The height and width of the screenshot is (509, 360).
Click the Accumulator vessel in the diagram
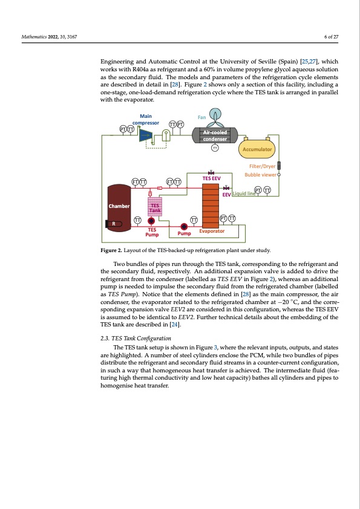pyautogui.click(x=258, y=149)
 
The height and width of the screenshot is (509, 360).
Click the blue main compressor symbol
pyautogui.click(x=145, y=136)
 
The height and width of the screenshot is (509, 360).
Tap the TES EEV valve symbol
pyautogui.click(x=211, y=172)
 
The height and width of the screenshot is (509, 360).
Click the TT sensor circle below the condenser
pyautogui.click(x=215, y=149)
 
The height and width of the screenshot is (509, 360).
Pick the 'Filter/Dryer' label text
pyautogui.click(x=261, y=166)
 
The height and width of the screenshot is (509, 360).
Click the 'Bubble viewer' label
pyautogui.click(x=260, y=174)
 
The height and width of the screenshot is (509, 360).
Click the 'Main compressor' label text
pyautogui.click(x=145, y=118)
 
